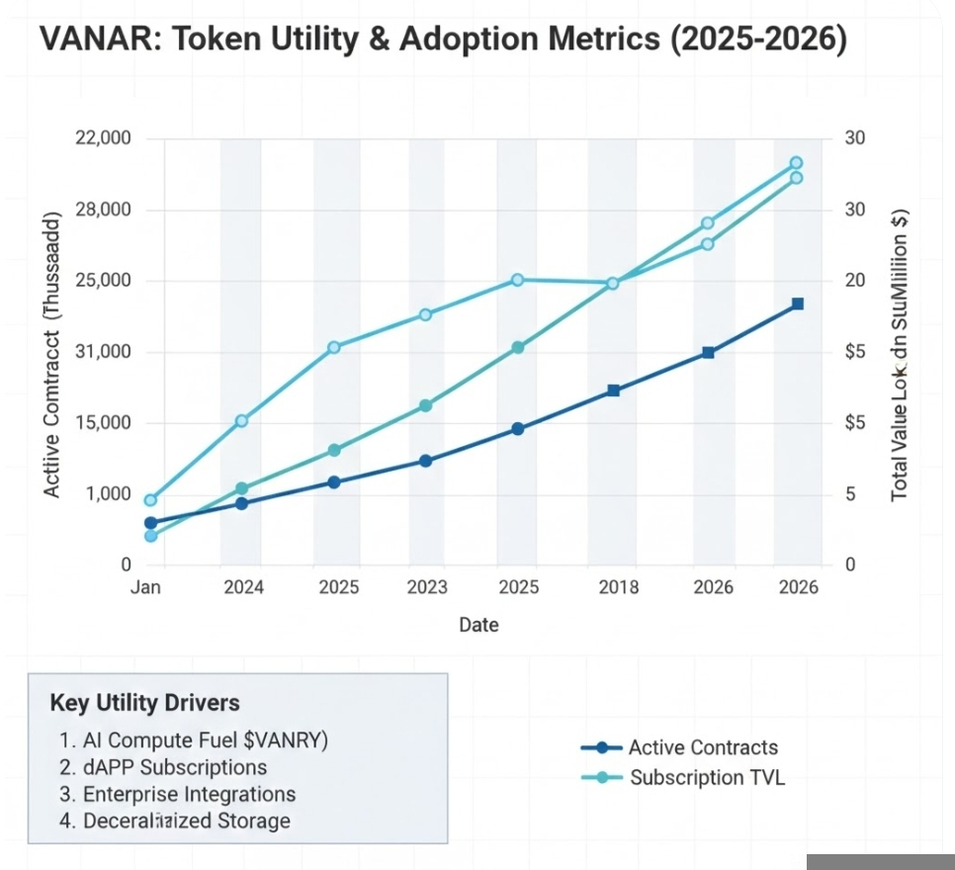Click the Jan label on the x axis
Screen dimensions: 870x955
(145, 587)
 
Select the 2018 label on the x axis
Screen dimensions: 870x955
(618, 587)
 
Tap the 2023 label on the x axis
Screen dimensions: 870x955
(427, 587)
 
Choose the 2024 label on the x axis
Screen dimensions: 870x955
(243, 587)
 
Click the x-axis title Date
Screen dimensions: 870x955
(478, 625)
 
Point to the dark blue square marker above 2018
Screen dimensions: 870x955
(613, 391)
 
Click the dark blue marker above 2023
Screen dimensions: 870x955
(426, 461)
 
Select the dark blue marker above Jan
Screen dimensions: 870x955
(150, 523)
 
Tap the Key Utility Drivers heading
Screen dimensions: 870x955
(144, 703)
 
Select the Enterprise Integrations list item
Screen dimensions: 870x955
(178, 794)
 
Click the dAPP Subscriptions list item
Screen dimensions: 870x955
(163, 767)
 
